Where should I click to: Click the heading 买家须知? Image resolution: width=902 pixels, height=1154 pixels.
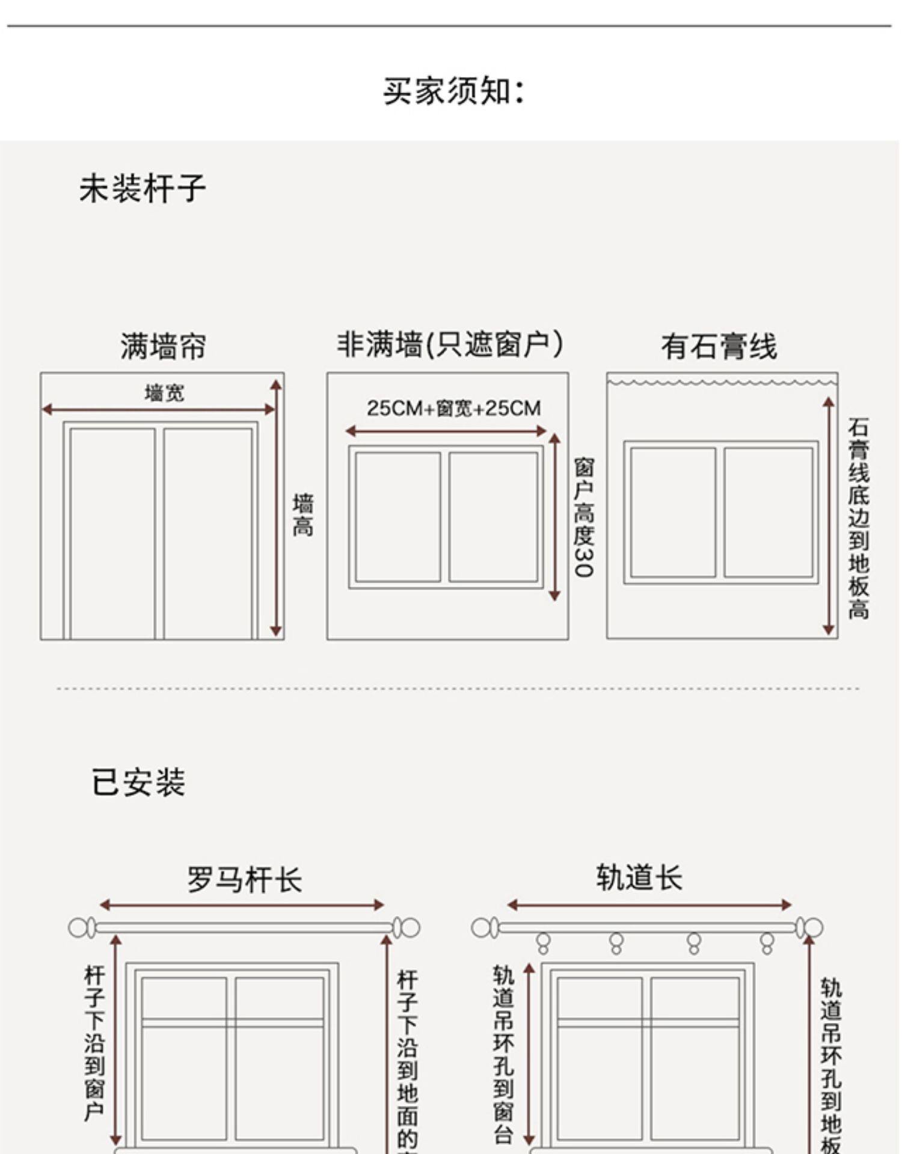pos(454,91)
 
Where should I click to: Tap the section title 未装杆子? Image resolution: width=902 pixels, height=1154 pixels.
pos(143,188)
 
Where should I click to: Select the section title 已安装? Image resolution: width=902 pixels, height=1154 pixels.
pos(138,782)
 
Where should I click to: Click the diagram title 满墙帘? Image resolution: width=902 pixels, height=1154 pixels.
pos(163,346)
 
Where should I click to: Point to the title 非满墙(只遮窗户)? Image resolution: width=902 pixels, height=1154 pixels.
pos(450,345)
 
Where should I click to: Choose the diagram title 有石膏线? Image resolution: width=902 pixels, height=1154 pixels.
pos(719,346)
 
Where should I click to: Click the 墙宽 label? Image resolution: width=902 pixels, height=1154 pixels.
pos(164,393)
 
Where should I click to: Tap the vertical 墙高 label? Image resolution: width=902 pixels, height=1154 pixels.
pos(302,515)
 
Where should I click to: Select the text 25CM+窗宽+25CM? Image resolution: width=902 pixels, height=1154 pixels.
pos(454,409)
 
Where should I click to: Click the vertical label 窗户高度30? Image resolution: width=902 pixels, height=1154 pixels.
pos(583,517)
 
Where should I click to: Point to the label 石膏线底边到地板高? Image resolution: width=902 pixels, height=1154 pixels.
pos(858,518)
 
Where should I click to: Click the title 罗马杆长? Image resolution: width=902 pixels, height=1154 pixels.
pos(244,879)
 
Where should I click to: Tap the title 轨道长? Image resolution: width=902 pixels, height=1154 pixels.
pos(639,878)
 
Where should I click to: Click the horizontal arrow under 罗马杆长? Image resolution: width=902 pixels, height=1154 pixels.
pos(241,905)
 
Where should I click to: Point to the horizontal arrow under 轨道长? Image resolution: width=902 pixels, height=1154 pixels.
pos(649,905)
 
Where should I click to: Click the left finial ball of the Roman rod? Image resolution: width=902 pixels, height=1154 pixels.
pos(78,927)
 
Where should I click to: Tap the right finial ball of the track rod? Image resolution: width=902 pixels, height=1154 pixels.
pos(814,927)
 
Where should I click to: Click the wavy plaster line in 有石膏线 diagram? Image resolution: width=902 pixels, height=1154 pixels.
pos(722,382)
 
